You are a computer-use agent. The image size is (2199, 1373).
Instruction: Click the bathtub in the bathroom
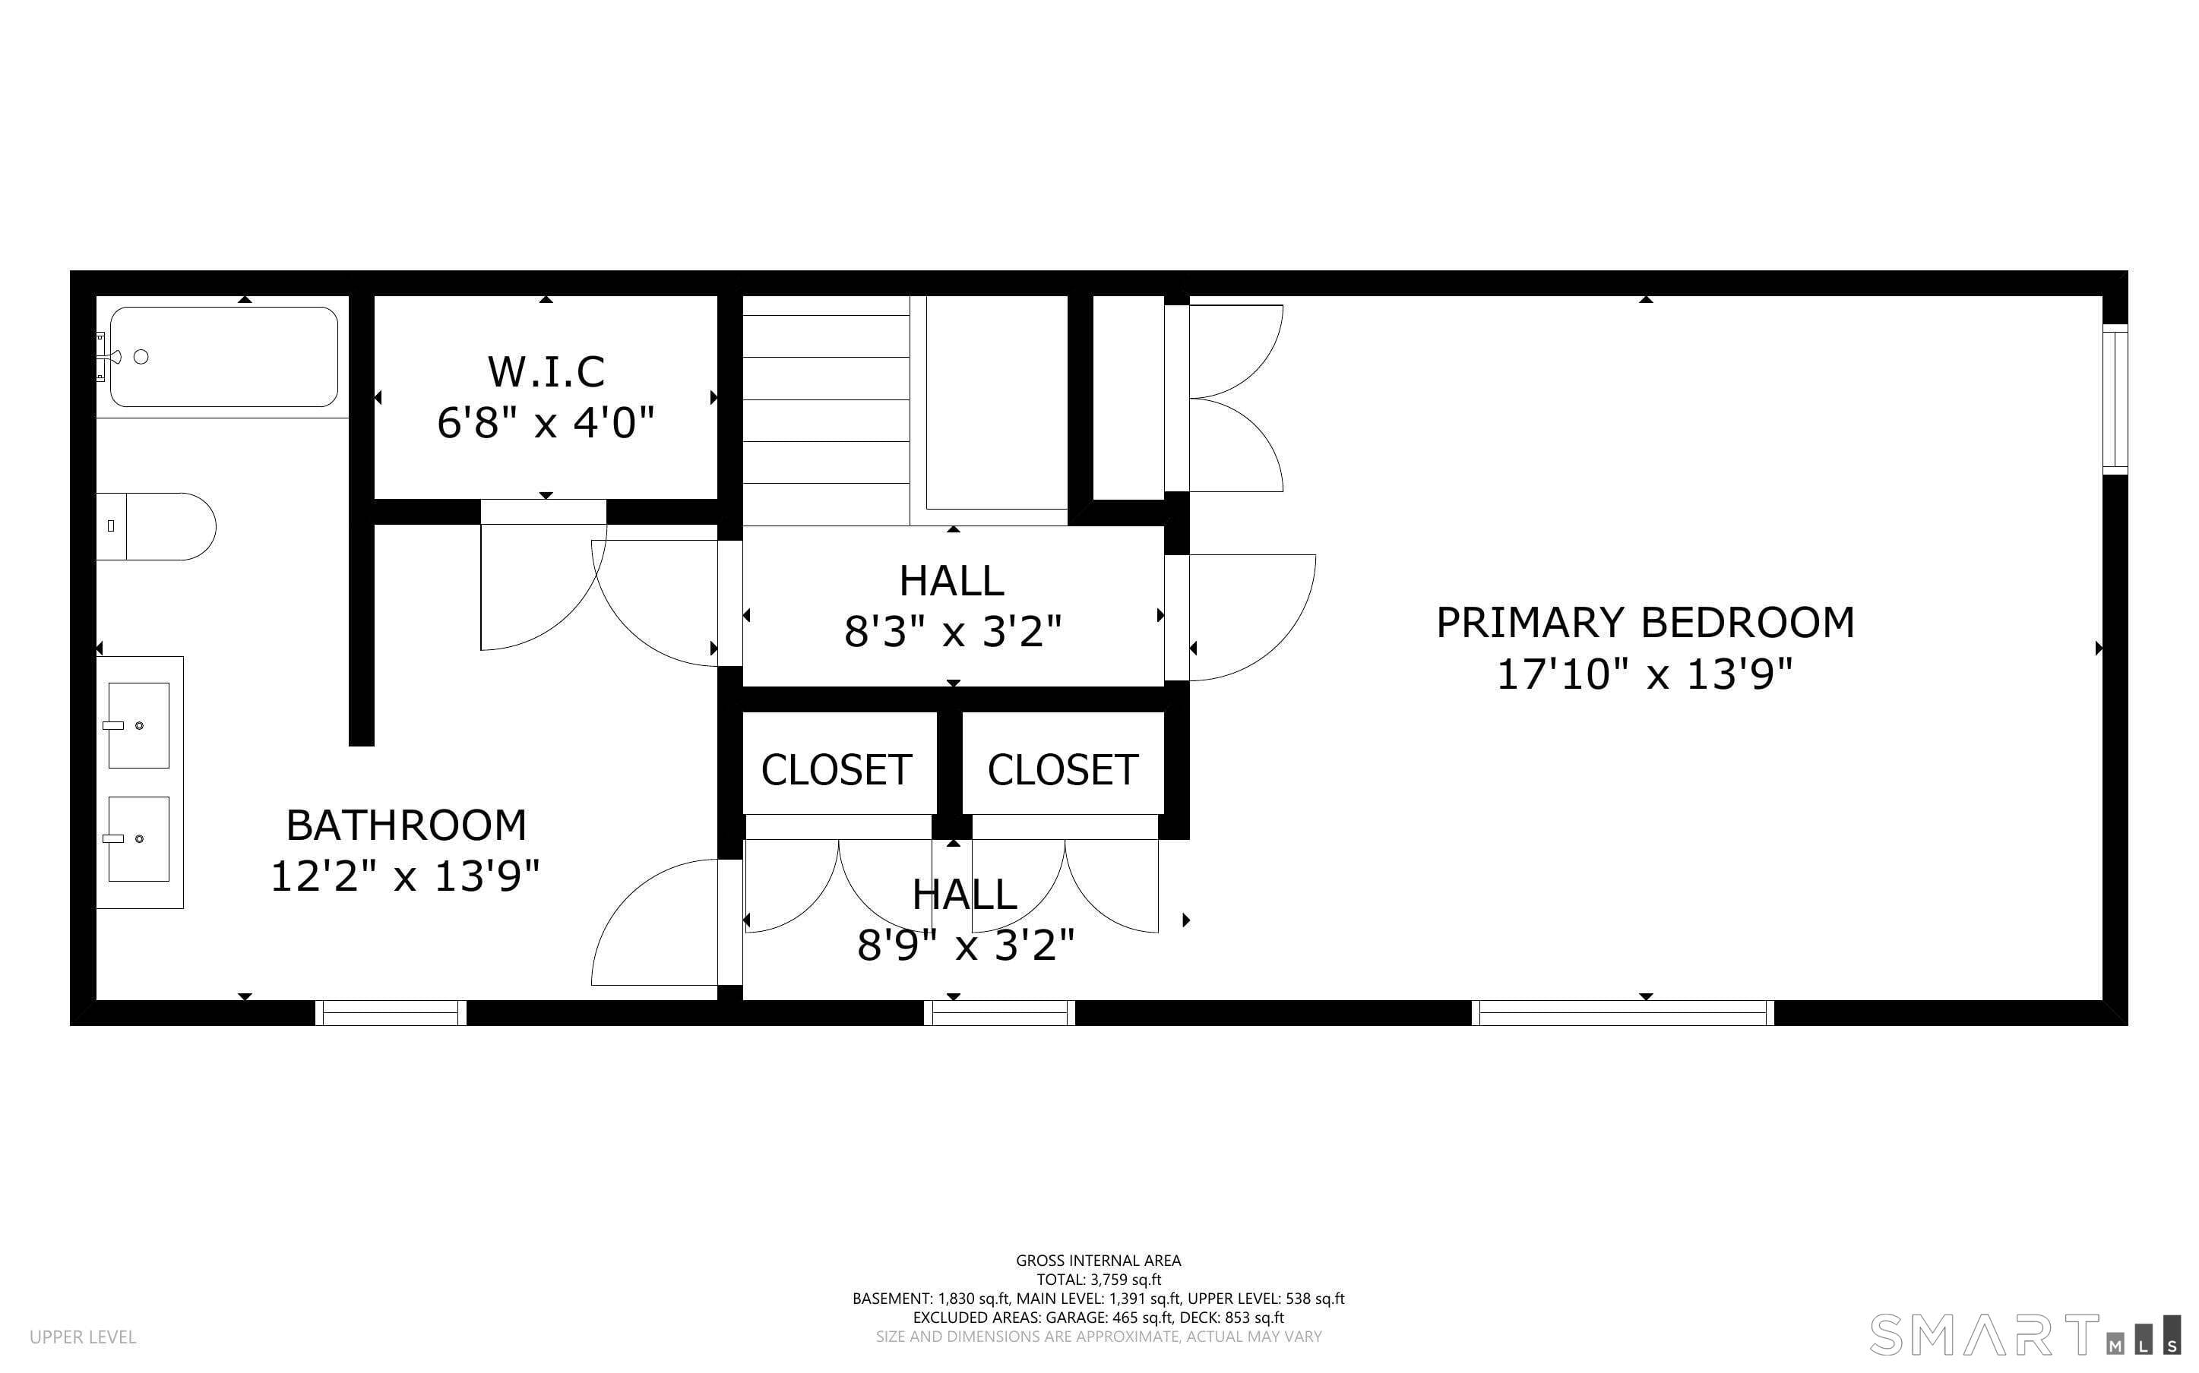tap(223, 357)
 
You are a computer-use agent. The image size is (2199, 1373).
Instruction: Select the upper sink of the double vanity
tap(139, 725)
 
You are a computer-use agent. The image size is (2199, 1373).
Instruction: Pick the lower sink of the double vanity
tap(139, 839)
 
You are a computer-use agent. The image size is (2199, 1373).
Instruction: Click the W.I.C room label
tap(546, 371)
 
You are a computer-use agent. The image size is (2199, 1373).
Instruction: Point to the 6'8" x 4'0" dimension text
tap(546, 423)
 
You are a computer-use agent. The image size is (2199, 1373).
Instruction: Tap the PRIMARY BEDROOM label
tap(1645, 623)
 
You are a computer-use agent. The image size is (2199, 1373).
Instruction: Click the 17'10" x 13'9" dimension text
tap(1645, 674)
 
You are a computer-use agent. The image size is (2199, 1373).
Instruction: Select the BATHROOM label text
tap(406, 825)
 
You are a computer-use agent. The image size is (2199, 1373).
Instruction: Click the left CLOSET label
tap(837, 770)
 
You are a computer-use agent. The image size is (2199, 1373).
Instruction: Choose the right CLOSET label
tap(1063, 770)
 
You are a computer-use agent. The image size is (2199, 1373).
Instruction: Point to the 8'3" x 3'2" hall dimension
tap(953, 631)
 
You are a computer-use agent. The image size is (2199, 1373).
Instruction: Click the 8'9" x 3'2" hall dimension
tap(966, 946)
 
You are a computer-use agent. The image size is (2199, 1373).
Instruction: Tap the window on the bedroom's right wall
tap(2115, 399)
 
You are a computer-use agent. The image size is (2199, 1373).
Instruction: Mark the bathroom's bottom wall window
tap(391, 1013)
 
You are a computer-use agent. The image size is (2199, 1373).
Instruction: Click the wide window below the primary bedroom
tap(1622, 1013)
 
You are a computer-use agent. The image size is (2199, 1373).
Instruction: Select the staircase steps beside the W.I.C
tap(827, 410)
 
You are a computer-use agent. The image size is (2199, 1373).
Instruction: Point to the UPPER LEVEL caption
tap(83, 1337)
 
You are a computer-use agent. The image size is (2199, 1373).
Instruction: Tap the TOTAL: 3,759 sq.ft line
tap(1099, 1280)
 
